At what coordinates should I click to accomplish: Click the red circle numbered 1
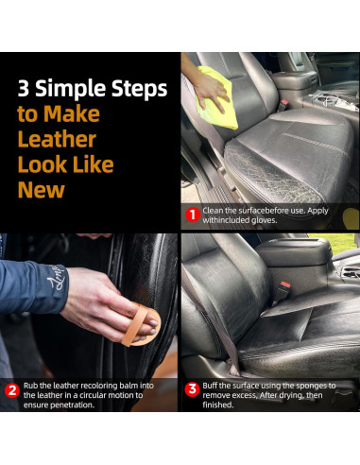click(x=193, y=215)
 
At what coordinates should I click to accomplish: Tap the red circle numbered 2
click(x=12, y=390)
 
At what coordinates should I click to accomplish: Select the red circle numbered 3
click(x=192, y=390)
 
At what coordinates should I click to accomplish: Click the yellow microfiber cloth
click(x=216, y=97)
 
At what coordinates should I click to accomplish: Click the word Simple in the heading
click(x=71, y=90)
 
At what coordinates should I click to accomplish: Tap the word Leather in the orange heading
click(x=57, y=139)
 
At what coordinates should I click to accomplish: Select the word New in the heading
click(x=42, y=189)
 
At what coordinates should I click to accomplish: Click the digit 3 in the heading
click(x=24, y=88)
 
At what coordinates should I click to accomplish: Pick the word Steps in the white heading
click(x=139, y=90)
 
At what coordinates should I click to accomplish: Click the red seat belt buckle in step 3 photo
click(x=285, y=284)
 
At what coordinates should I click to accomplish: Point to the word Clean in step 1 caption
click(x=211, y=211)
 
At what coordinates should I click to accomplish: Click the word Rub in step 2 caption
click(x=31, y=386)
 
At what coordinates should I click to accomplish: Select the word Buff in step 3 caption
click(x=210, y=386)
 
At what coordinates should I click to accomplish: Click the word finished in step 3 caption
click(x=218, y=405)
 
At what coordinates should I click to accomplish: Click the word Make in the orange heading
click(x=72, y=113)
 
